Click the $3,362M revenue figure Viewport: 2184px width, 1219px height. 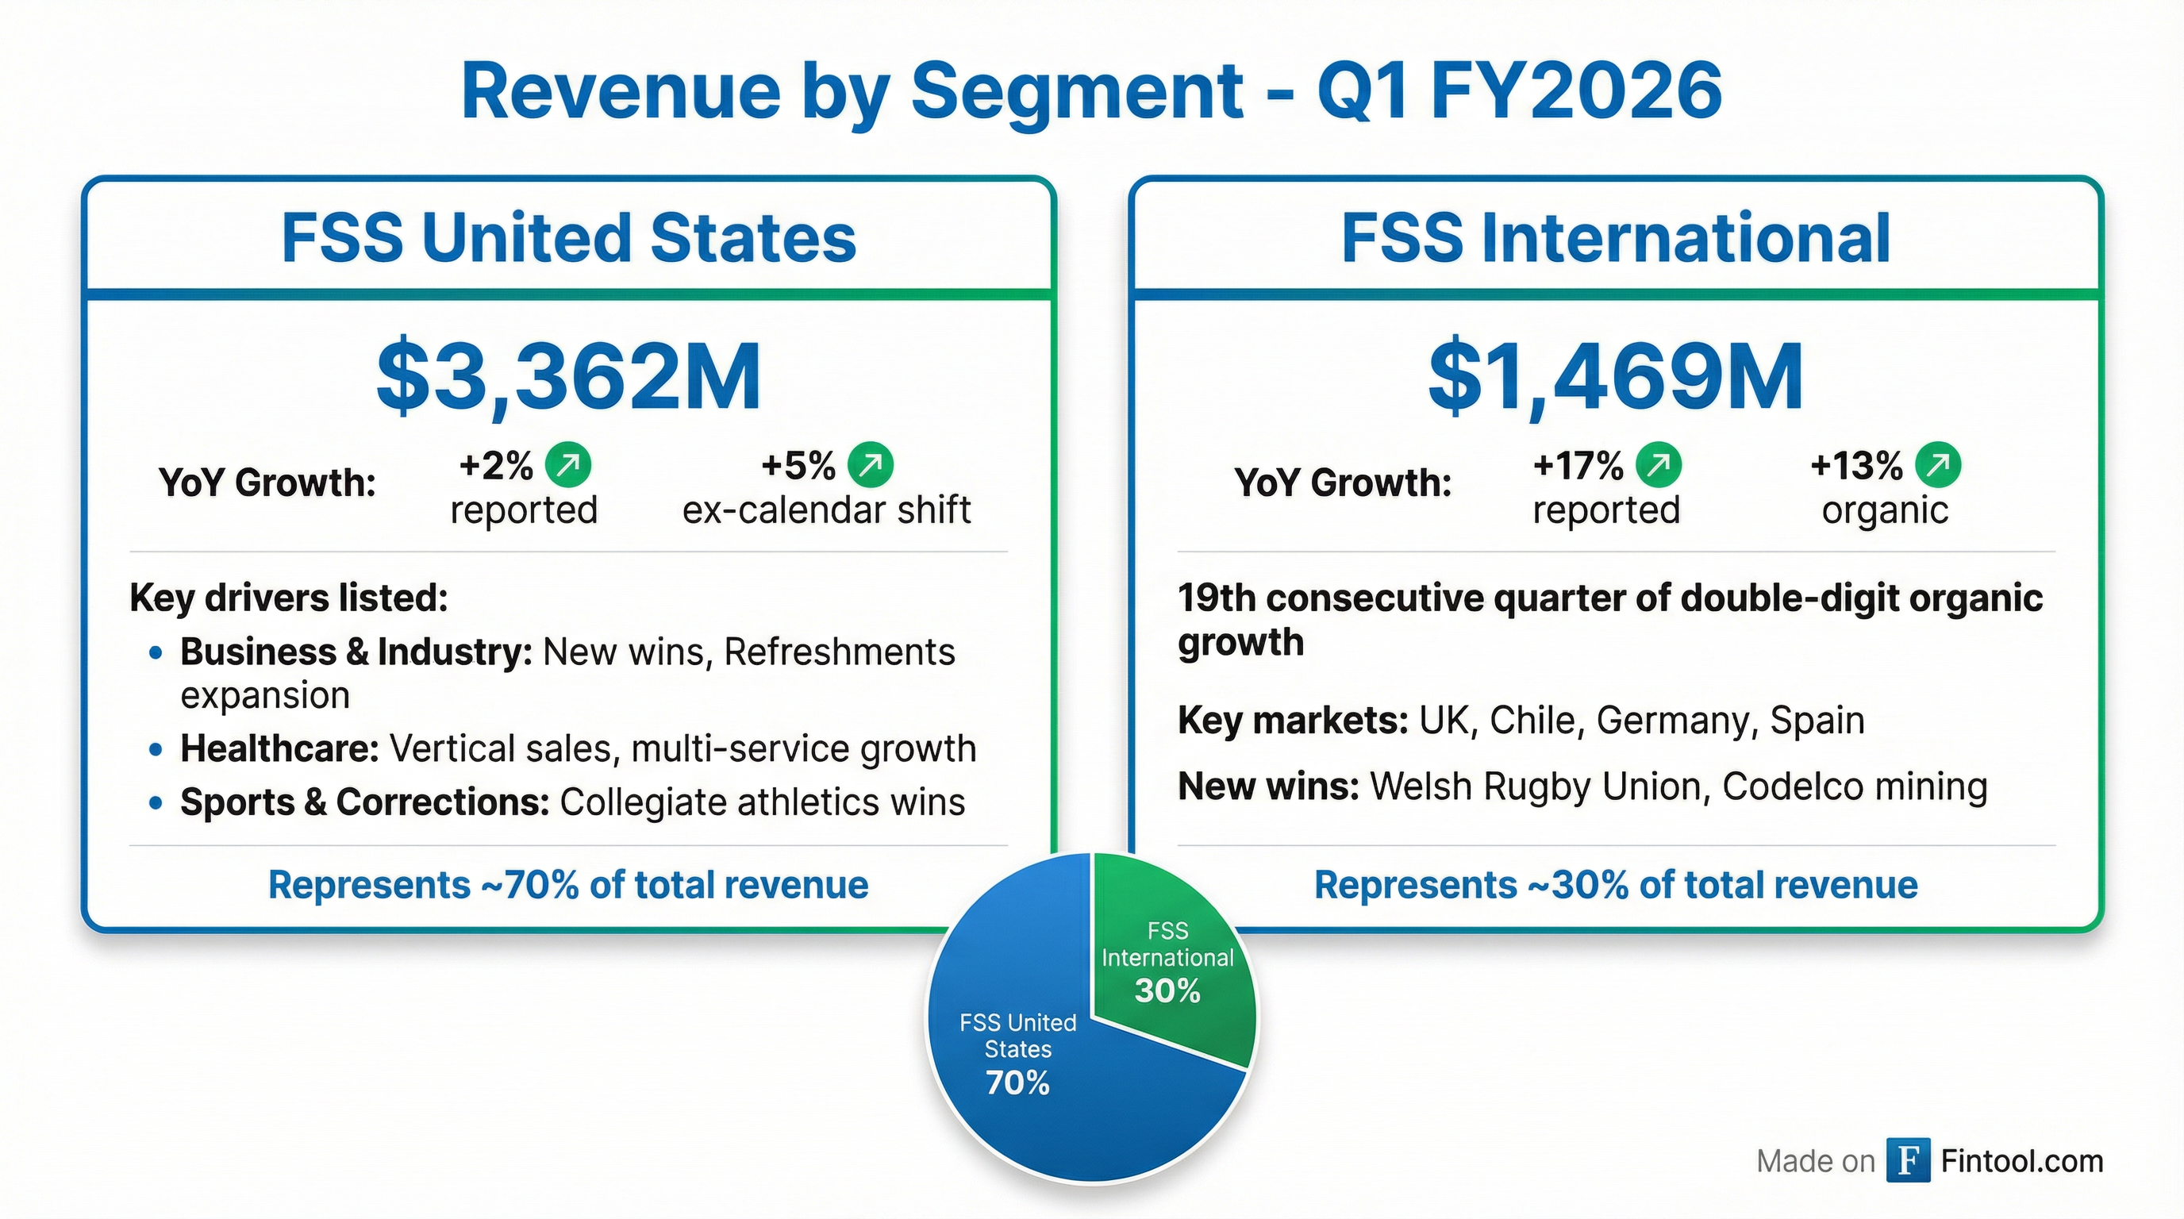(x=568, y=376)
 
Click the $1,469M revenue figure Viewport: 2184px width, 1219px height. (x=1615, y=376)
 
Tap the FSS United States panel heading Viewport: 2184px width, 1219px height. (x=568, y=237)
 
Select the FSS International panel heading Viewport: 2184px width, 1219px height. (x=1615, y=237)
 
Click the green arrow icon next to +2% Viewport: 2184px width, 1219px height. (x=567, y=464)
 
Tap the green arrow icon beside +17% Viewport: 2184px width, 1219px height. (x=1658, y=464)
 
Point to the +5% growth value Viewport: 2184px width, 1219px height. (x=798, y=465)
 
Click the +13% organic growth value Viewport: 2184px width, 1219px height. (x=1856, y=465)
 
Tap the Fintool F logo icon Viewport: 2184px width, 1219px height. (x=1908, y=1159)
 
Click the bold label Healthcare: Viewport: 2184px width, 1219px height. (x=279, y=748)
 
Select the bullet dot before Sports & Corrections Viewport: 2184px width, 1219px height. (x=156, y=803)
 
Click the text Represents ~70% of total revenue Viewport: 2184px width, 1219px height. (x=568, y=885)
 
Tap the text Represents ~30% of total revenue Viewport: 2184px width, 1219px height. (x=1615, y=885)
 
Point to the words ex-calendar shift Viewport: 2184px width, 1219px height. (x=827, y=510)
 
